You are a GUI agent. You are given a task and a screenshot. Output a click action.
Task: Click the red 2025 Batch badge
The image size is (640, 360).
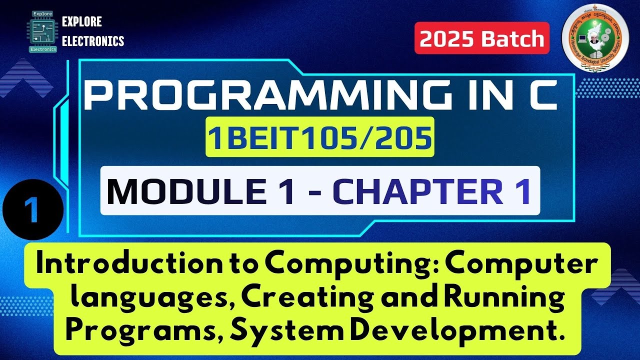pyautogui.click(x=482, y=38)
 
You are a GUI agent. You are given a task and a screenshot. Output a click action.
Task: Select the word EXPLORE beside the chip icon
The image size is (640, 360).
pyautogui.click(x=81, y=22)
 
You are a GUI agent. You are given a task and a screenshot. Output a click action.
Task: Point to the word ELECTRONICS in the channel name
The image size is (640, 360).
pyautogui.click(x=93, y=41)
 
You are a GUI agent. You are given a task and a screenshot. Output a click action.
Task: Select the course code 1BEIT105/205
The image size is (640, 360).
pyautogui.click(x=320, y=139)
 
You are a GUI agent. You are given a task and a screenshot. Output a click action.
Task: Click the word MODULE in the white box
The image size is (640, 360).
pyautogui.click(x=200, y=191)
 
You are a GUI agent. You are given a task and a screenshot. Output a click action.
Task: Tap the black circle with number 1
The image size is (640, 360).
pyautogui.click(x=33, y=211)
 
